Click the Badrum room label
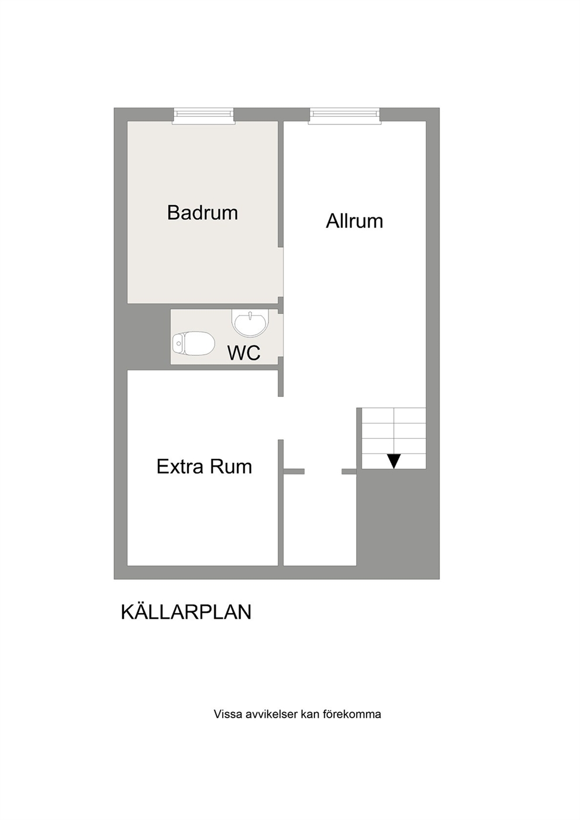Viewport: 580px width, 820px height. pyautogui.click(x=202, y=212)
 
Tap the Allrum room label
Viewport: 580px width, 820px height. pyautogui.click(x=354, y=221)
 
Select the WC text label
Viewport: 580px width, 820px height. pyautogui.click(x=244, y=352)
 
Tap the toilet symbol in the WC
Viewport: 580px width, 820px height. pyautogui.click(x=193, y=343)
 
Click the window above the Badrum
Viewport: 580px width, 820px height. pyautogui.click(x=203, y=116)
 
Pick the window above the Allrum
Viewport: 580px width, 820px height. pyautogui.click(x=344, y=116)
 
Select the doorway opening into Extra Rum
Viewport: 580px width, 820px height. pyautogui.click(x=281, y=418)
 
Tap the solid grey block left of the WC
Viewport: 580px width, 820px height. pyautogui.click(x=149, y=337)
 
